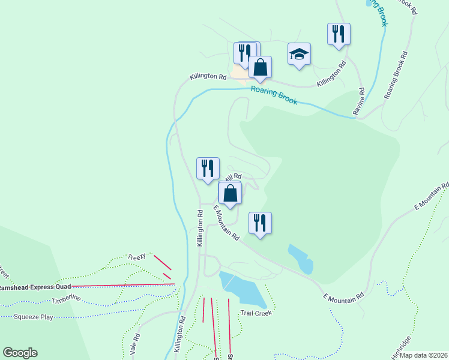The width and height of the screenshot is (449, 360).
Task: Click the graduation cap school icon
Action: coord(299,54)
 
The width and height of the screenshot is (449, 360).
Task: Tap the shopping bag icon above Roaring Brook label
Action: coord(260,67)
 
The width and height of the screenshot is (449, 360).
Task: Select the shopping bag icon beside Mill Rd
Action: coord(230,193)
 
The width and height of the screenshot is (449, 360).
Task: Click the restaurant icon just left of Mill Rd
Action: coord(208,168)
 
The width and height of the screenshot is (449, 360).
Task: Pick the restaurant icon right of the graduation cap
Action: coord(339,34)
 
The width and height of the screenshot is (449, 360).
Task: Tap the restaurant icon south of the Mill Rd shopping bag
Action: coord(259,223)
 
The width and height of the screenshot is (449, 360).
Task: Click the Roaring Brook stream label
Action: coord(274,95)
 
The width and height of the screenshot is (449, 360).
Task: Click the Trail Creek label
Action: coord(256,313)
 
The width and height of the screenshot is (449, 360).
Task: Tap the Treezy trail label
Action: coord(136,257)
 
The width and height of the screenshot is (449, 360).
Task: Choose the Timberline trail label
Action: coord(66,299)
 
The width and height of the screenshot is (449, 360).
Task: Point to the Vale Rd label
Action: coord(136,346)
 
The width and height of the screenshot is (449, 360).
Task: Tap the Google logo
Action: coord(20,353)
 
